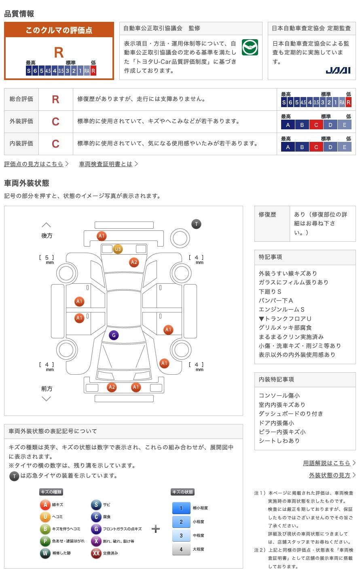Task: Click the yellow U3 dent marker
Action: (118, 249)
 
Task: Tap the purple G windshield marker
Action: (114, 335)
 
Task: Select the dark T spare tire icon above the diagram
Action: (196, 224)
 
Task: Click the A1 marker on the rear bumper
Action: (102, 236)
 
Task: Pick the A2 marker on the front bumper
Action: (112, 387)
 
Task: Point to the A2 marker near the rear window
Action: (134, 262)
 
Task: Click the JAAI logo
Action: (338, 70)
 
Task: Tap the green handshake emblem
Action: (250, 48)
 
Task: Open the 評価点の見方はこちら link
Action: (34, 164)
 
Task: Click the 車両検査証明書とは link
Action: (106, 164)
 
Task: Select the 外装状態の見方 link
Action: (330, 475)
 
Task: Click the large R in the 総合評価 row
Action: (55, 99)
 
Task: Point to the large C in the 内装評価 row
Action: (55, 144)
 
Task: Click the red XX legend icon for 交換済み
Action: (96, 553)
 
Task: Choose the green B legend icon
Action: (45, 529)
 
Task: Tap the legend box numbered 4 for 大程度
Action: (181, 549)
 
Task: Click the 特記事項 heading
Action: (271, 257)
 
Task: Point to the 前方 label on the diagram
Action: (47, 388)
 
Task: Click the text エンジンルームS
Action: (282, 309)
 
